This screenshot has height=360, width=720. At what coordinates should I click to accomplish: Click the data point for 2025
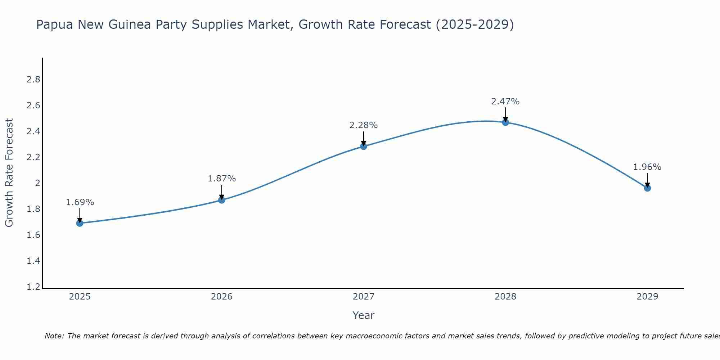pos(80,223)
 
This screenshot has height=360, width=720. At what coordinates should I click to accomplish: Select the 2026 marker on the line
pos(222,200)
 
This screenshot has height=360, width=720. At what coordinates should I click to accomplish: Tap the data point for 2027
pos(364,146)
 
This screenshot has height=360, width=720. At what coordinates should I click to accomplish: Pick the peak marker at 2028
pos(505,122)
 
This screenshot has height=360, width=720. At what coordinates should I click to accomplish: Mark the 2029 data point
pos(647,188)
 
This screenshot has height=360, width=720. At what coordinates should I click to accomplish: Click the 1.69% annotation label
pos(80,202)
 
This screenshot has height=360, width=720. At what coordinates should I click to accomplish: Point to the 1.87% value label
pos(222,179)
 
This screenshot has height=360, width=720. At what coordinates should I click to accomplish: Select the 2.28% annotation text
pos(364,125)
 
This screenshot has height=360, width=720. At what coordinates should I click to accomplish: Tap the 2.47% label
pos(505,102)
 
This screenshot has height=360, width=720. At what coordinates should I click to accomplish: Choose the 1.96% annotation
pos(647,167)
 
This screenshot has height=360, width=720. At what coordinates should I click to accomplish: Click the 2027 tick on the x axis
pos(364,297)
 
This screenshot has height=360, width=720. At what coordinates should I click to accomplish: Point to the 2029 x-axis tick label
pos(647,297)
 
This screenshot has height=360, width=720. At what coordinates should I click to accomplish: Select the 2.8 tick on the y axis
pos(33,80)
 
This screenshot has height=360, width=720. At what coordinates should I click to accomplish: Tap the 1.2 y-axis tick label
pos(33,287)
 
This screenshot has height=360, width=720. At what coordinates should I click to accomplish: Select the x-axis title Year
pos(364,315)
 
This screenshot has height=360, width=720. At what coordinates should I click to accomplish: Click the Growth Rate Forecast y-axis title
pos(9,173)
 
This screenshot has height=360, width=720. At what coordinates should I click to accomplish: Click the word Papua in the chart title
pos(54,24)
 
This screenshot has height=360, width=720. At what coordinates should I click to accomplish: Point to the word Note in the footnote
pos(54,336)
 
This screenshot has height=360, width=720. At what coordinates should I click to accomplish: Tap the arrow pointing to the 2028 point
pos(505,114)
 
